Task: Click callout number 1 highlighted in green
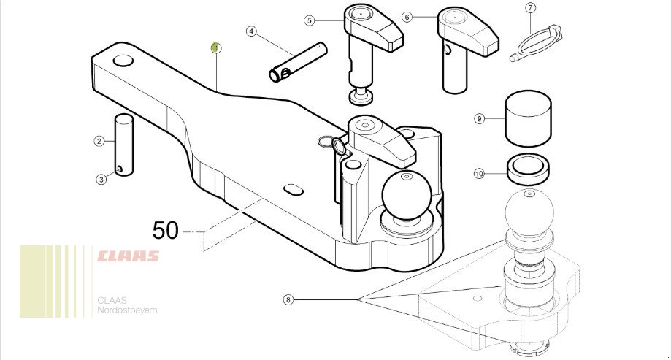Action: point(216,48)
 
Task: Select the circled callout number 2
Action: point(99,141)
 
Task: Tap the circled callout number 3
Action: point(101,179)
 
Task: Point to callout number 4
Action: point(252,31)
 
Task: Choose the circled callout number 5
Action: point(310,20)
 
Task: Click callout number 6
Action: point(407,17)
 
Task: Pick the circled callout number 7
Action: point(531,8)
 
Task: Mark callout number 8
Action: point(288,299)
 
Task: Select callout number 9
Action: point(479,118)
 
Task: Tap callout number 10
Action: point(479,173)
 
